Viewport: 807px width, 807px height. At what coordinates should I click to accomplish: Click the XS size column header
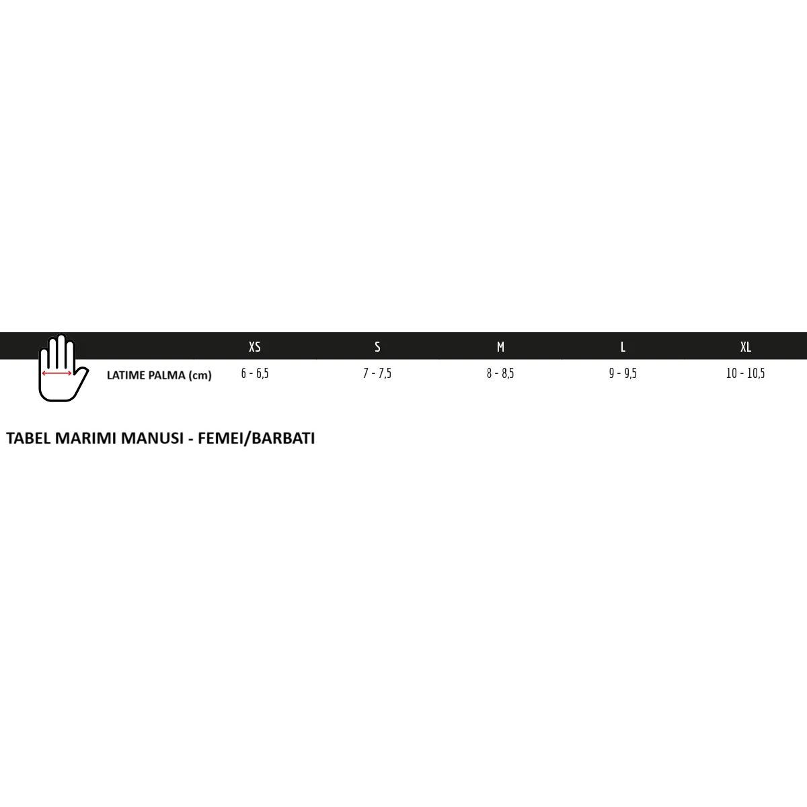point(255,347)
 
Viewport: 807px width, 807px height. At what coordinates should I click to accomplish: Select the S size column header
point(377,347)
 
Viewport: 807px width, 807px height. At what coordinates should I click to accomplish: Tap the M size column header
point(500,347)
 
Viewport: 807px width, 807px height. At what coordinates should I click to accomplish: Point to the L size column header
point(623,347)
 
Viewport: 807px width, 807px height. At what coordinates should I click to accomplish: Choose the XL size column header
point(745,347)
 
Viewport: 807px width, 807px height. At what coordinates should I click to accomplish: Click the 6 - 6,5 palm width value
point(255,373)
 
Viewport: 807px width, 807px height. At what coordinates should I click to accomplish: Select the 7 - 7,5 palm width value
point(377,373)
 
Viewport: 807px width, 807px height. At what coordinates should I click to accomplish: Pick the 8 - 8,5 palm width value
point(500,373)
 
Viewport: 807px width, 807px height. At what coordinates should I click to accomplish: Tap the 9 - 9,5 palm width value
point(623,373)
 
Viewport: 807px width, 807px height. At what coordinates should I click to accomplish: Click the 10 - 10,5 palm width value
point(745,373)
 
